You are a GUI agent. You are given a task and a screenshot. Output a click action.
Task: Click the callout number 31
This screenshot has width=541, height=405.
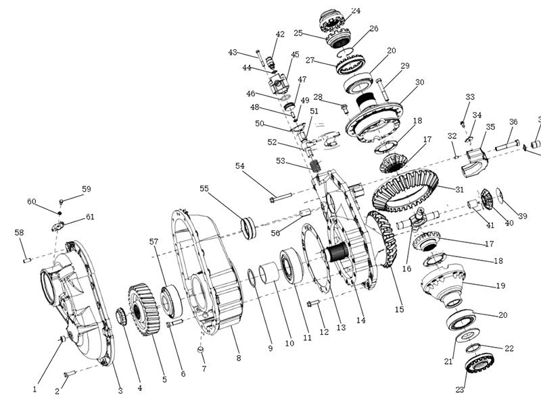(459, 189)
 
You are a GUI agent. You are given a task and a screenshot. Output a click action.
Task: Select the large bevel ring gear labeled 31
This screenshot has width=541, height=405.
(405, 190)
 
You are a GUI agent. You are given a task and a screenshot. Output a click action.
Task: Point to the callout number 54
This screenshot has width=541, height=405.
(240, 166)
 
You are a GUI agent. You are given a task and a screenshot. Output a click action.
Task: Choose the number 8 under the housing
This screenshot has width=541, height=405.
(238, 358)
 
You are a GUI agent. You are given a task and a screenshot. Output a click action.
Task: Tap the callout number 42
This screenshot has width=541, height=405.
(280, 34)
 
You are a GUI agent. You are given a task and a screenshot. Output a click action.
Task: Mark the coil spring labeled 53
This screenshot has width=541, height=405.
(314, 165)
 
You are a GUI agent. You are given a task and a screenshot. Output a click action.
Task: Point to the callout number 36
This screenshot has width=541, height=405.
(513, 122)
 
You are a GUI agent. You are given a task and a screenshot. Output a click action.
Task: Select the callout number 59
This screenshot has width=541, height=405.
(87, 189)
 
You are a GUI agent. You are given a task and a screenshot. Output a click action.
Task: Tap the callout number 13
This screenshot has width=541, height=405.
(341, 327)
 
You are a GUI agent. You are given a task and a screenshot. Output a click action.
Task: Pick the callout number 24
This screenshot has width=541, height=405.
(356, 11)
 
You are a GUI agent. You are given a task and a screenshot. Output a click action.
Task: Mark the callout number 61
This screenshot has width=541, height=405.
(89, 217)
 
